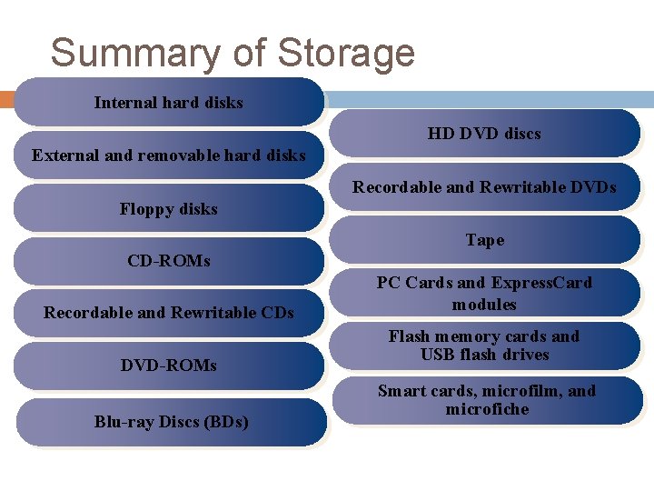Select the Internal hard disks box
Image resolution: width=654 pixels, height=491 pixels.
[x=169, y=102]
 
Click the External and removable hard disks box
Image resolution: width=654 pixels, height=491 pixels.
[x=169, y=155]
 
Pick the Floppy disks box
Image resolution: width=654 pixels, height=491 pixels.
[x=169, y=209]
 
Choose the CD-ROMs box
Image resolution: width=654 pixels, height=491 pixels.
[x=169, y=262]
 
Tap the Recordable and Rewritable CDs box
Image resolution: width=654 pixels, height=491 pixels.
[x=169, y=313]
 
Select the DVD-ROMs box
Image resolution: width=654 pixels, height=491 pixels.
[x=169, y=366]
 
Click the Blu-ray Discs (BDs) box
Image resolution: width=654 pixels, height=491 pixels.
[x=171, y=422]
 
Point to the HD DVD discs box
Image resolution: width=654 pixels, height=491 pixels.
[x=484, y=134]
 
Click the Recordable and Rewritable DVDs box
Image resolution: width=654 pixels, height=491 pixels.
[x=484, y=187]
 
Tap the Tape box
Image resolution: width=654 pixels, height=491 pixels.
[x=484, y=240]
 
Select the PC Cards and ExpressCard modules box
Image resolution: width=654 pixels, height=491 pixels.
[x=484, y=293]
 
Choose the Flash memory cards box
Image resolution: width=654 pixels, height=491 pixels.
[x=484, y=346]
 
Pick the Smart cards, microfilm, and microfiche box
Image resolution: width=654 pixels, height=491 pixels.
[x=486, y=400]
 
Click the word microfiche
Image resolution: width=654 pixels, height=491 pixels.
[x=487, y=409]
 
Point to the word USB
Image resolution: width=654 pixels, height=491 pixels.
[x=438, y=355]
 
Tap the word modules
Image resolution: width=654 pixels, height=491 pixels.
[x=484, y=305]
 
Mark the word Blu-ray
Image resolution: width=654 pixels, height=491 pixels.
[x=123, y=422]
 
